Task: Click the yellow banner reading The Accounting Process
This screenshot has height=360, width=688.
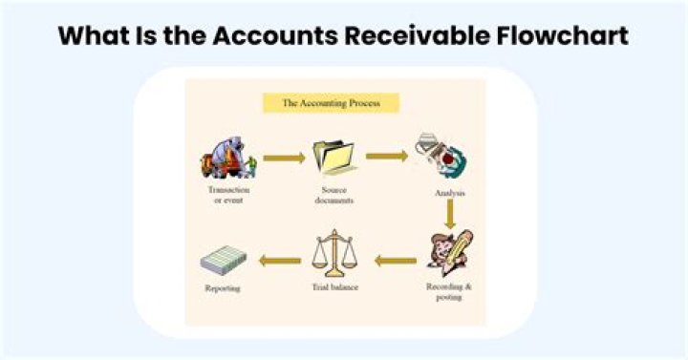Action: point(330,102)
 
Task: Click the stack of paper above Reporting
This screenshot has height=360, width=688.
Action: point(224,258)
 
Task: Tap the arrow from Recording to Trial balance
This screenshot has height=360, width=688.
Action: point(395,260)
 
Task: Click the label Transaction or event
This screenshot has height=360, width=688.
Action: point(228,196)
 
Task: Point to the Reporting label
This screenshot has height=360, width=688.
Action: point(223,287)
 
